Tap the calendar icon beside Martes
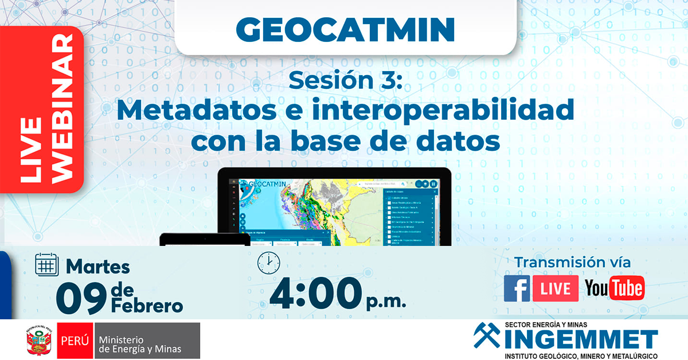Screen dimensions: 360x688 coord(48,265)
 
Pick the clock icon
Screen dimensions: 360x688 coord(268,263)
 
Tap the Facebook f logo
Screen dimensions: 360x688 coord(517,288)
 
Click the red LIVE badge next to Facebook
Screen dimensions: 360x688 coord(555,288)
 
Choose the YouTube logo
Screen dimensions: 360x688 coord(614,288)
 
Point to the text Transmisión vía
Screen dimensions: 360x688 coord(572,263)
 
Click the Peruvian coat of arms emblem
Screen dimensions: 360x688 coord(38,342)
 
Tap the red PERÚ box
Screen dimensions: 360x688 coord(75,341)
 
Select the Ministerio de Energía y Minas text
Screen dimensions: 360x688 coord(140,342)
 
